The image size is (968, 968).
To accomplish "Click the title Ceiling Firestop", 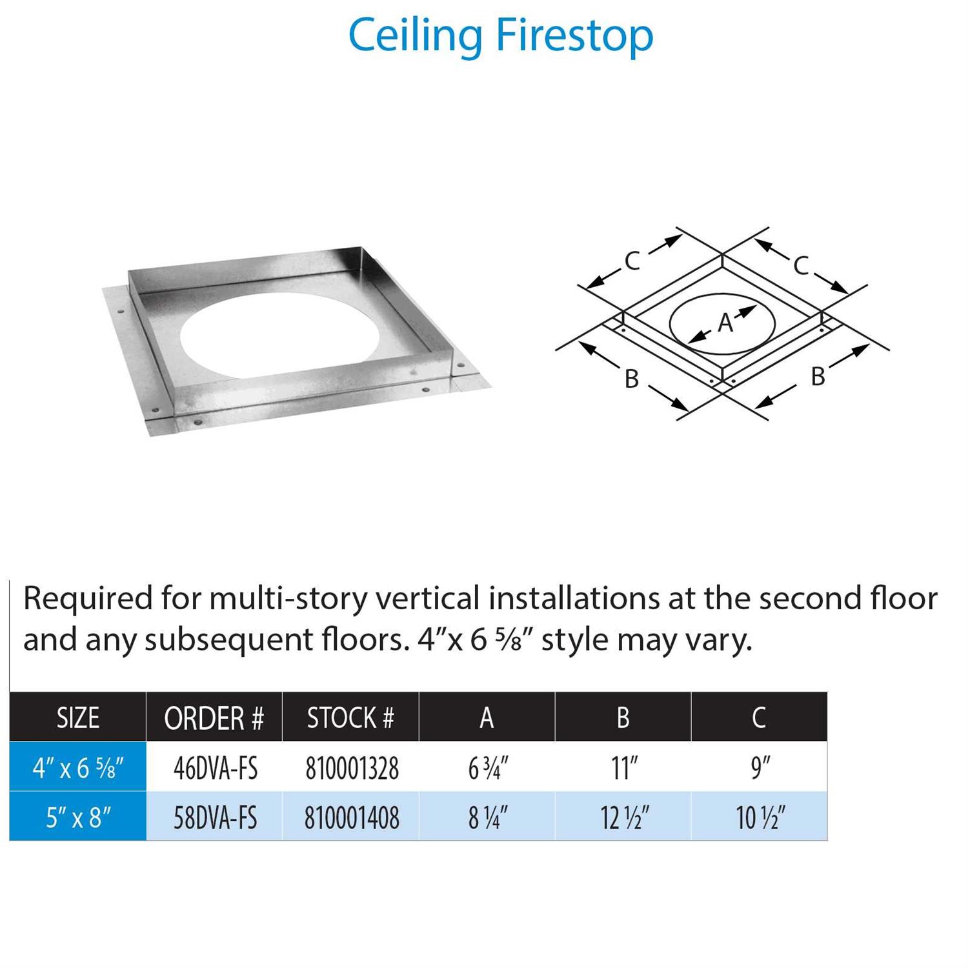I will (501, 35).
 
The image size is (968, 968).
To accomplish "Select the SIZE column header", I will (78, 718).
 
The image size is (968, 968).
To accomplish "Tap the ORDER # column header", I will (214, 718).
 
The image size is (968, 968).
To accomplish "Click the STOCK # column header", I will (350, 718).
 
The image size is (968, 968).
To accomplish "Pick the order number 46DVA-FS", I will (216, 768).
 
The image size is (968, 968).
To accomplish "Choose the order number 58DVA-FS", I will (216, 818).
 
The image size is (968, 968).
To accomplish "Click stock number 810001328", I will (352, 768).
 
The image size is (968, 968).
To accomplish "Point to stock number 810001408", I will (352, 818).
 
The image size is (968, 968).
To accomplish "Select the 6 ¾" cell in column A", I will (488, 768).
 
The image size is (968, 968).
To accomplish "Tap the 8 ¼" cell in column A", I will (488, 818).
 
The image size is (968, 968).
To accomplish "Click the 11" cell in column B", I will (624, 768).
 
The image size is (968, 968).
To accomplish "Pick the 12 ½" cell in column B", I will (624, 818).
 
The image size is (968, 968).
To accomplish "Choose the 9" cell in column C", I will (760, 768).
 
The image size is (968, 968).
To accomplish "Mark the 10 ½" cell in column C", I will (760, 818).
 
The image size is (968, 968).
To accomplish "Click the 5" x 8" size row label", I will (78, 818).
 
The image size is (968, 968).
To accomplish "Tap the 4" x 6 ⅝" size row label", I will (78, 768).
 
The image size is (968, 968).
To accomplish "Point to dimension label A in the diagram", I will (725, 322).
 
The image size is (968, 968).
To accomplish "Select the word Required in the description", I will (88, 599).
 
